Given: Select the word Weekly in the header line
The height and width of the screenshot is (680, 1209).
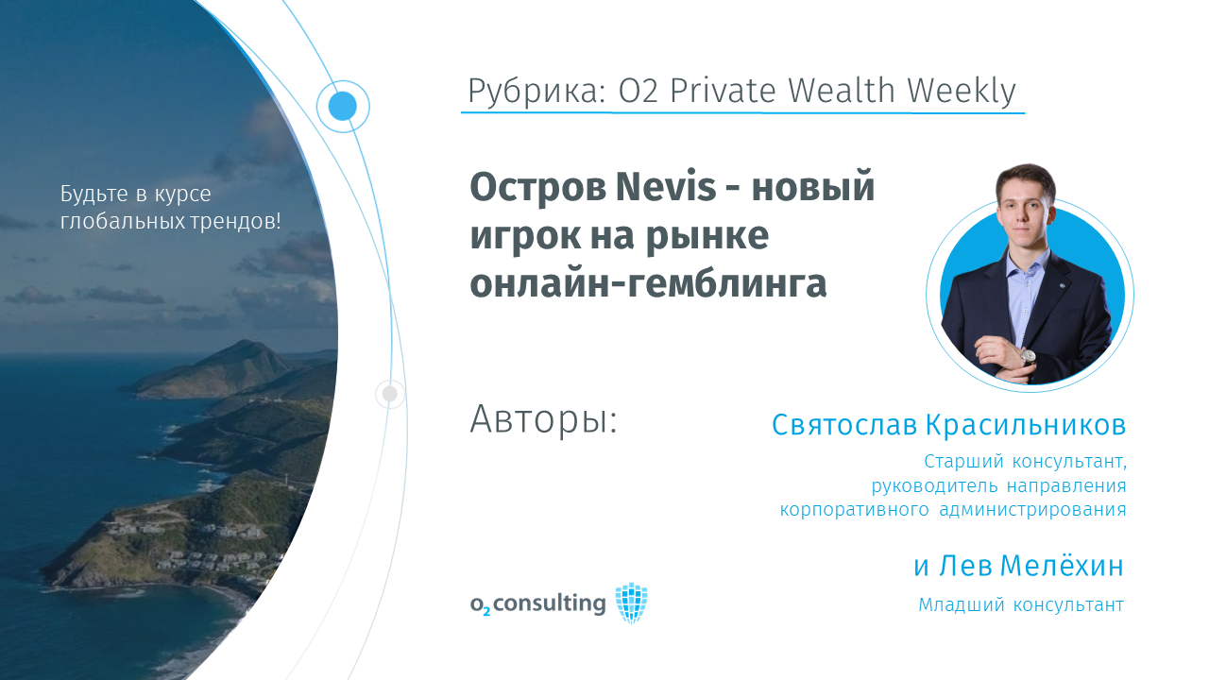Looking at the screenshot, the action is click(961, 91).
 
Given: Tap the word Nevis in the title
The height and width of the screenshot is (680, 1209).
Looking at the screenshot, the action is click(666, 186).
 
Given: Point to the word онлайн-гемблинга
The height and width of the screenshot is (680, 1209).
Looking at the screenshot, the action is click(648, 283).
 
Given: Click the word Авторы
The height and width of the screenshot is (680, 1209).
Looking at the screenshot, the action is click(543, 419).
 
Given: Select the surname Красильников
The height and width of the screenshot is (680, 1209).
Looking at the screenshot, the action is click(1026, 425).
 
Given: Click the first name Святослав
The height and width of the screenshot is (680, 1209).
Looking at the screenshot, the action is click(844, 425).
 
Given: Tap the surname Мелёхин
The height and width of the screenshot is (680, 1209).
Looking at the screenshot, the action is click(1063, 566).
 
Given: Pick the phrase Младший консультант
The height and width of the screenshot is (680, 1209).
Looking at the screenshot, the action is click(1021, 605).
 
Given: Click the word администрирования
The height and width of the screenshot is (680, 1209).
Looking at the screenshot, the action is click(1032, 509).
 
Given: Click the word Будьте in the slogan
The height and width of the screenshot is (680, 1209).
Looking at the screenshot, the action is click(94, 194).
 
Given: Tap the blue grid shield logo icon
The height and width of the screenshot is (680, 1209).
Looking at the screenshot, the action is click(632, 603).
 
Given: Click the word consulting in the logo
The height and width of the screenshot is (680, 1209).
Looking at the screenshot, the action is click(550, 603).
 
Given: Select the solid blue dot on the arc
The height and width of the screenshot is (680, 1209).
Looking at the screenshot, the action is click(343, 106).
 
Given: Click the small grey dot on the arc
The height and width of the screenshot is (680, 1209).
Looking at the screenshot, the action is click(390, 394).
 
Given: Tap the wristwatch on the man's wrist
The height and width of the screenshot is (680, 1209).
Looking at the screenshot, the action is click(1027, 357).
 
